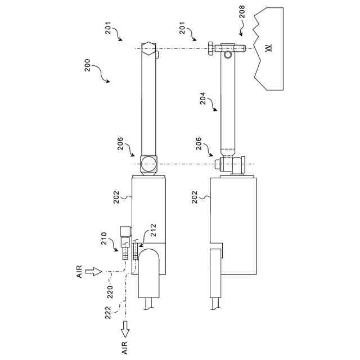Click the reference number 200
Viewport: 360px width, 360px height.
click(88, 65)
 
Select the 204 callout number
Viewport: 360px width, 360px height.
click(203, 98)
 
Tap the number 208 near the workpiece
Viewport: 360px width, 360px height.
click(242, 12)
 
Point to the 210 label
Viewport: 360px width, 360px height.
click(104, 238)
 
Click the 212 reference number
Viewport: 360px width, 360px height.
click(153, 230)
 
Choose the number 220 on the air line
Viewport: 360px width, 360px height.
click(110, 292)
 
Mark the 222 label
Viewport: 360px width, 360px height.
click(107, 313)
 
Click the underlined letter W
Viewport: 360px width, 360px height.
click(268, 48)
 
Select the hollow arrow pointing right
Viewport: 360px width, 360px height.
click(93, 272)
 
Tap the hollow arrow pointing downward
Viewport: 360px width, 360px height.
click(125, 329)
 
